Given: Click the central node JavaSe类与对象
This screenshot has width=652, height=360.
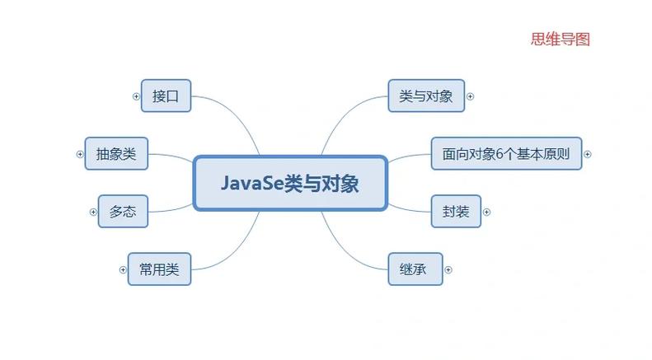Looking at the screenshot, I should [x=289, y=183].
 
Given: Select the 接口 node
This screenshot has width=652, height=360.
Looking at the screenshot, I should [x=166, y=96].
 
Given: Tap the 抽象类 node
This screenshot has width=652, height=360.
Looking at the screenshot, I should [x=115, y=153].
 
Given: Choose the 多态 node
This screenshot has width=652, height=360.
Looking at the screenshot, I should [x=122, y=212].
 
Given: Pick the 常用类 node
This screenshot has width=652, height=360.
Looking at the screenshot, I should [x=159, y=269].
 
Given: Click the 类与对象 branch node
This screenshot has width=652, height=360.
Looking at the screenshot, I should [x=426, y=96].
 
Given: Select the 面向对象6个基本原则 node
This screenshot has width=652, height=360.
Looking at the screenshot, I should [x=506, y=153].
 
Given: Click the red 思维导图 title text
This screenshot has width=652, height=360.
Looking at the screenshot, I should [x=561, y=39].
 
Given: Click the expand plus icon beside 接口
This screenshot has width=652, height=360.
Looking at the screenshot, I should [x=136, y=96].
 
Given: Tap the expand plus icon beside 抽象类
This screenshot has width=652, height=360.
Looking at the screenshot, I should [x=80, y=153].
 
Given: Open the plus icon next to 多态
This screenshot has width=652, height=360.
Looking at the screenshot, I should [x=93, y=212].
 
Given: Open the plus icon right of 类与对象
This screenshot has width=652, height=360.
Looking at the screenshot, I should [x=471, y=96].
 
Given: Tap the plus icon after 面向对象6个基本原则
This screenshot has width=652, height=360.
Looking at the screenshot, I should [x=588, y=153].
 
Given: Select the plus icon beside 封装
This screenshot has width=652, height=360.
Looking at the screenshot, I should [x=486, y=212].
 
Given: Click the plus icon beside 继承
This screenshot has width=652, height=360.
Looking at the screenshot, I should [x=448, y=269].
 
